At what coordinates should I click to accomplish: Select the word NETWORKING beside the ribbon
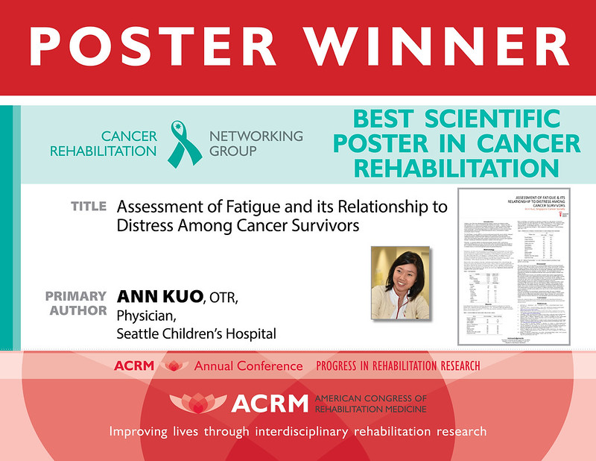coord(256,136)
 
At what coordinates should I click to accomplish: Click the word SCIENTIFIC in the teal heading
coord(498,119)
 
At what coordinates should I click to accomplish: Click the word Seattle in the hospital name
coord(139,333)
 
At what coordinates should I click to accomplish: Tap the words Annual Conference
coord(248,366)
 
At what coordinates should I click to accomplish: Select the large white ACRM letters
coord(269,404)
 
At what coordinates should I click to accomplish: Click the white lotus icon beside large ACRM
coord(197,403)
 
